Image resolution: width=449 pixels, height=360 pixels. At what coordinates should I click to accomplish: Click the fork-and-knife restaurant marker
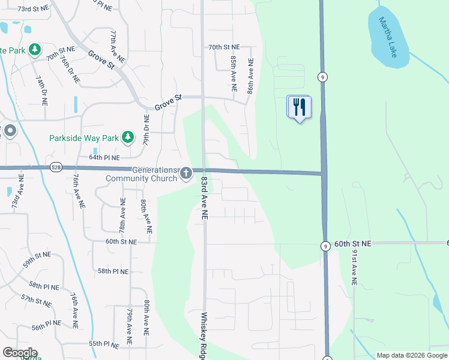pos(298,107)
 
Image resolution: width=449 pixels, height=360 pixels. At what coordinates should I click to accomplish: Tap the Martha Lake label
pos(388,37)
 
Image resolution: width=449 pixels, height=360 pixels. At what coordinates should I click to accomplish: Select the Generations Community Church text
pos(142,174)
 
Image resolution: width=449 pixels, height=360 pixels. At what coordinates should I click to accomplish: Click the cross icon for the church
pos(185,174)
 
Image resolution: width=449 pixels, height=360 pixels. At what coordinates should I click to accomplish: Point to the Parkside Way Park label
pos(84,138)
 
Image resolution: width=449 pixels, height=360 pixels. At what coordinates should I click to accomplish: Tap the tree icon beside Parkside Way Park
pos(127,138)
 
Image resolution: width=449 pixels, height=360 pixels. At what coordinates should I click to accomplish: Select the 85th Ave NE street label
pos(233,71)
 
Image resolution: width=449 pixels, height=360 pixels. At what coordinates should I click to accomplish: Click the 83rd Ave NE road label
pos(204,197)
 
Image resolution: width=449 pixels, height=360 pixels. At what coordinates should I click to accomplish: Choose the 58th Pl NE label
pos(113,271)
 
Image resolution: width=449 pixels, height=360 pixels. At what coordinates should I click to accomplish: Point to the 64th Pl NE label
pos(104,157)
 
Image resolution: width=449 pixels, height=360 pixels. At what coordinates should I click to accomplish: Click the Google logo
pos(20,353)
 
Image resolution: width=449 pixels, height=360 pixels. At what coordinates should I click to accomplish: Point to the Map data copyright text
pos(411,355)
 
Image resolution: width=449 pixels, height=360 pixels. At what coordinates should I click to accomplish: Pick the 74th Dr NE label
pos(41,91)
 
